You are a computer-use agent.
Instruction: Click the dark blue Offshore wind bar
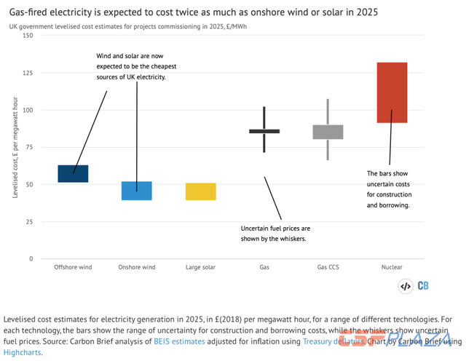click(73, 173)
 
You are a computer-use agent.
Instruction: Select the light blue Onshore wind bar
click(136, 191)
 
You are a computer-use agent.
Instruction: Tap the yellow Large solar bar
click(200, 191)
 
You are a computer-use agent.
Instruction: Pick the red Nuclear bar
click(392, 92)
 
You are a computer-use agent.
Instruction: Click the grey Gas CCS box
click(328, 132)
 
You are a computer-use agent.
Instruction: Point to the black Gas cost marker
click(264, 131)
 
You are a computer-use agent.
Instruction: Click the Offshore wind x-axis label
click(73, 267)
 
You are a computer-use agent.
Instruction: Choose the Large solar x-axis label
click(200, 267)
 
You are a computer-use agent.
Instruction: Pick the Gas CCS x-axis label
click(328, 267)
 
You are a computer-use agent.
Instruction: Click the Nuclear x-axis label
click(392, 267)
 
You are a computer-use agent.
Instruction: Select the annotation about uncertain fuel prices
click(275, 233)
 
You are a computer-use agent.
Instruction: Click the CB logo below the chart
click(424, 286)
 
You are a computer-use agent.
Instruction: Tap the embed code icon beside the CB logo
click(406, 286)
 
